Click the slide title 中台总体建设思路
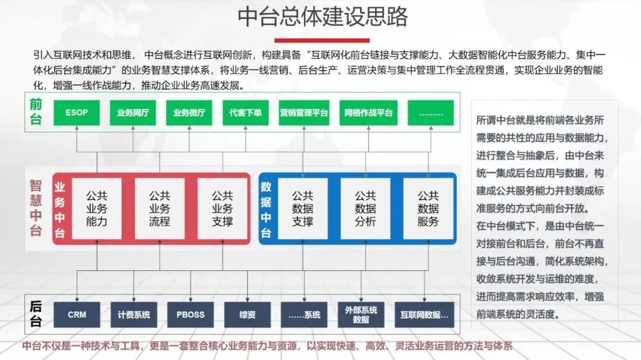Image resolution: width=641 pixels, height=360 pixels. [x=322, y=17]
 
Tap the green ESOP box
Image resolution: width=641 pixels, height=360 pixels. [x=77, y=113]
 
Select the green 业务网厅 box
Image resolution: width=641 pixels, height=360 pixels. [x=132, y=113]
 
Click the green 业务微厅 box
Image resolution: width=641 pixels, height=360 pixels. [x=189, y=113]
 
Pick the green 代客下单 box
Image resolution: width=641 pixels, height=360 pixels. [x=246, y=113]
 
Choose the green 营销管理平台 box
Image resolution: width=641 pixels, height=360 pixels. [x=304, y=113]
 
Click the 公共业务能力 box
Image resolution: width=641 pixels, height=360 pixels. [x=96, y=209]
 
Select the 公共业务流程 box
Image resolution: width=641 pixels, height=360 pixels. [x=159, y=209]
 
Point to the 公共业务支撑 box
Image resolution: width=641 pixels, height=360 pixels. [x=223, y=209]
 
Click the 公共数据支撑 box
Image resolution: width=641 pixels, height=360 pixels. [x=303, y=209]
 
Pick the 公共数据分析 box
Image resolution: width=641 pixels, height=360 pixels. [x=366, y=209]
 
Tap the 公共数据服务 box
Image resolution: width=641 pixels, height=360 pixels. [x=428, y=209]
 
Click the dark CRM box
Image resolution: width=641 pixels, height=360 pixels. [x=77, y=315]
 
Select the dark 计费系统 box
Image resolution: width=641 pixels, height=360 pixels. [x=134, y=315]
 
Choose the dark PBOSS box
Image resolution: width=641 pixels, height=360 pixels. [x=190, y=315]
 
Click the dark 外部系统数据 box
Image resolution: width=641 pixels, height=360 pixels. [x=361, y=315]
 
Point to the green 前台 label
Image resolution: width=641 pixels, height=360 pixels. [x=36, y=111]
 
